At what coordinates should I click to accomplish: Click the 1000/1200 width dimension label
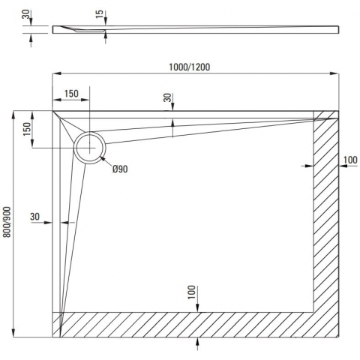coord(189,66)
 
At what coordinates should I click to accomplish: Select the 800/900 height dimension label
coord(7,222)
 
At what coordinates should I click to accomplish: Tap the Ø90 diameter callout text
coord(120,169)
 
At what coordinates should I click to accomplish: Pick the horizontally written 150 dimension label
coord(70,94)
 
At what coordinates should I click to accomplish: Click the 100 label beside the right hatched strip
coord(349,159)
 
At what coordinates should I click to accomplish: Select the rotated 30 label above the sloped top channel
coord(167,98)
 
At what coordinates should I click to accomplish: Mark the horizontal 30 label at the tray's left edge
coord(34,217)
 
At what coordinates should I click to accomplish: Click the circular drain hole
coord(89,146)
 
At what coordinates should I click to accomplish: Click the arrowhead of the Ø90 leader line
coord(103,160)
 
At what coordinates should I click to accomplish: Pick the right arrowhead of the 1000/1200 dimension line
coord(334,73)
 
